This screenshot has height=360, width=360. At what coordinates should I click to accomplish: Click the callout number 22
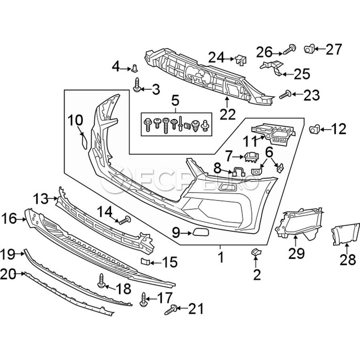pos(228,114)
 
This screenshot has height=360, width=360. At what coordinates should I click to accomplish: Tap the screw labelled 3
pos(137,85)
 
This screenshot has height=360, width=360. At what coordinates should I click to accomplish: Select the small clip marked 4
pos(134,68)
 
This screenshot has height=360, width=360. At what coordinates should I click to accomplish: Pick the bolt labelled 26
pos(290,49)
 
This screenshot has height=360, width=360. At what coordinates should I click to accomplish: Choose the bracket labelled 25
pos(272,68)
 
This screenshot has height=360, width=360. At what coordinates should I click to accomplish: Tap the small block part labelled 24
pos(241,60)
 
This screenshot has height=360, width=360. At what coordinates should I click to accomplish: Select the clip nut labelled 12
pos(314,130)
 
